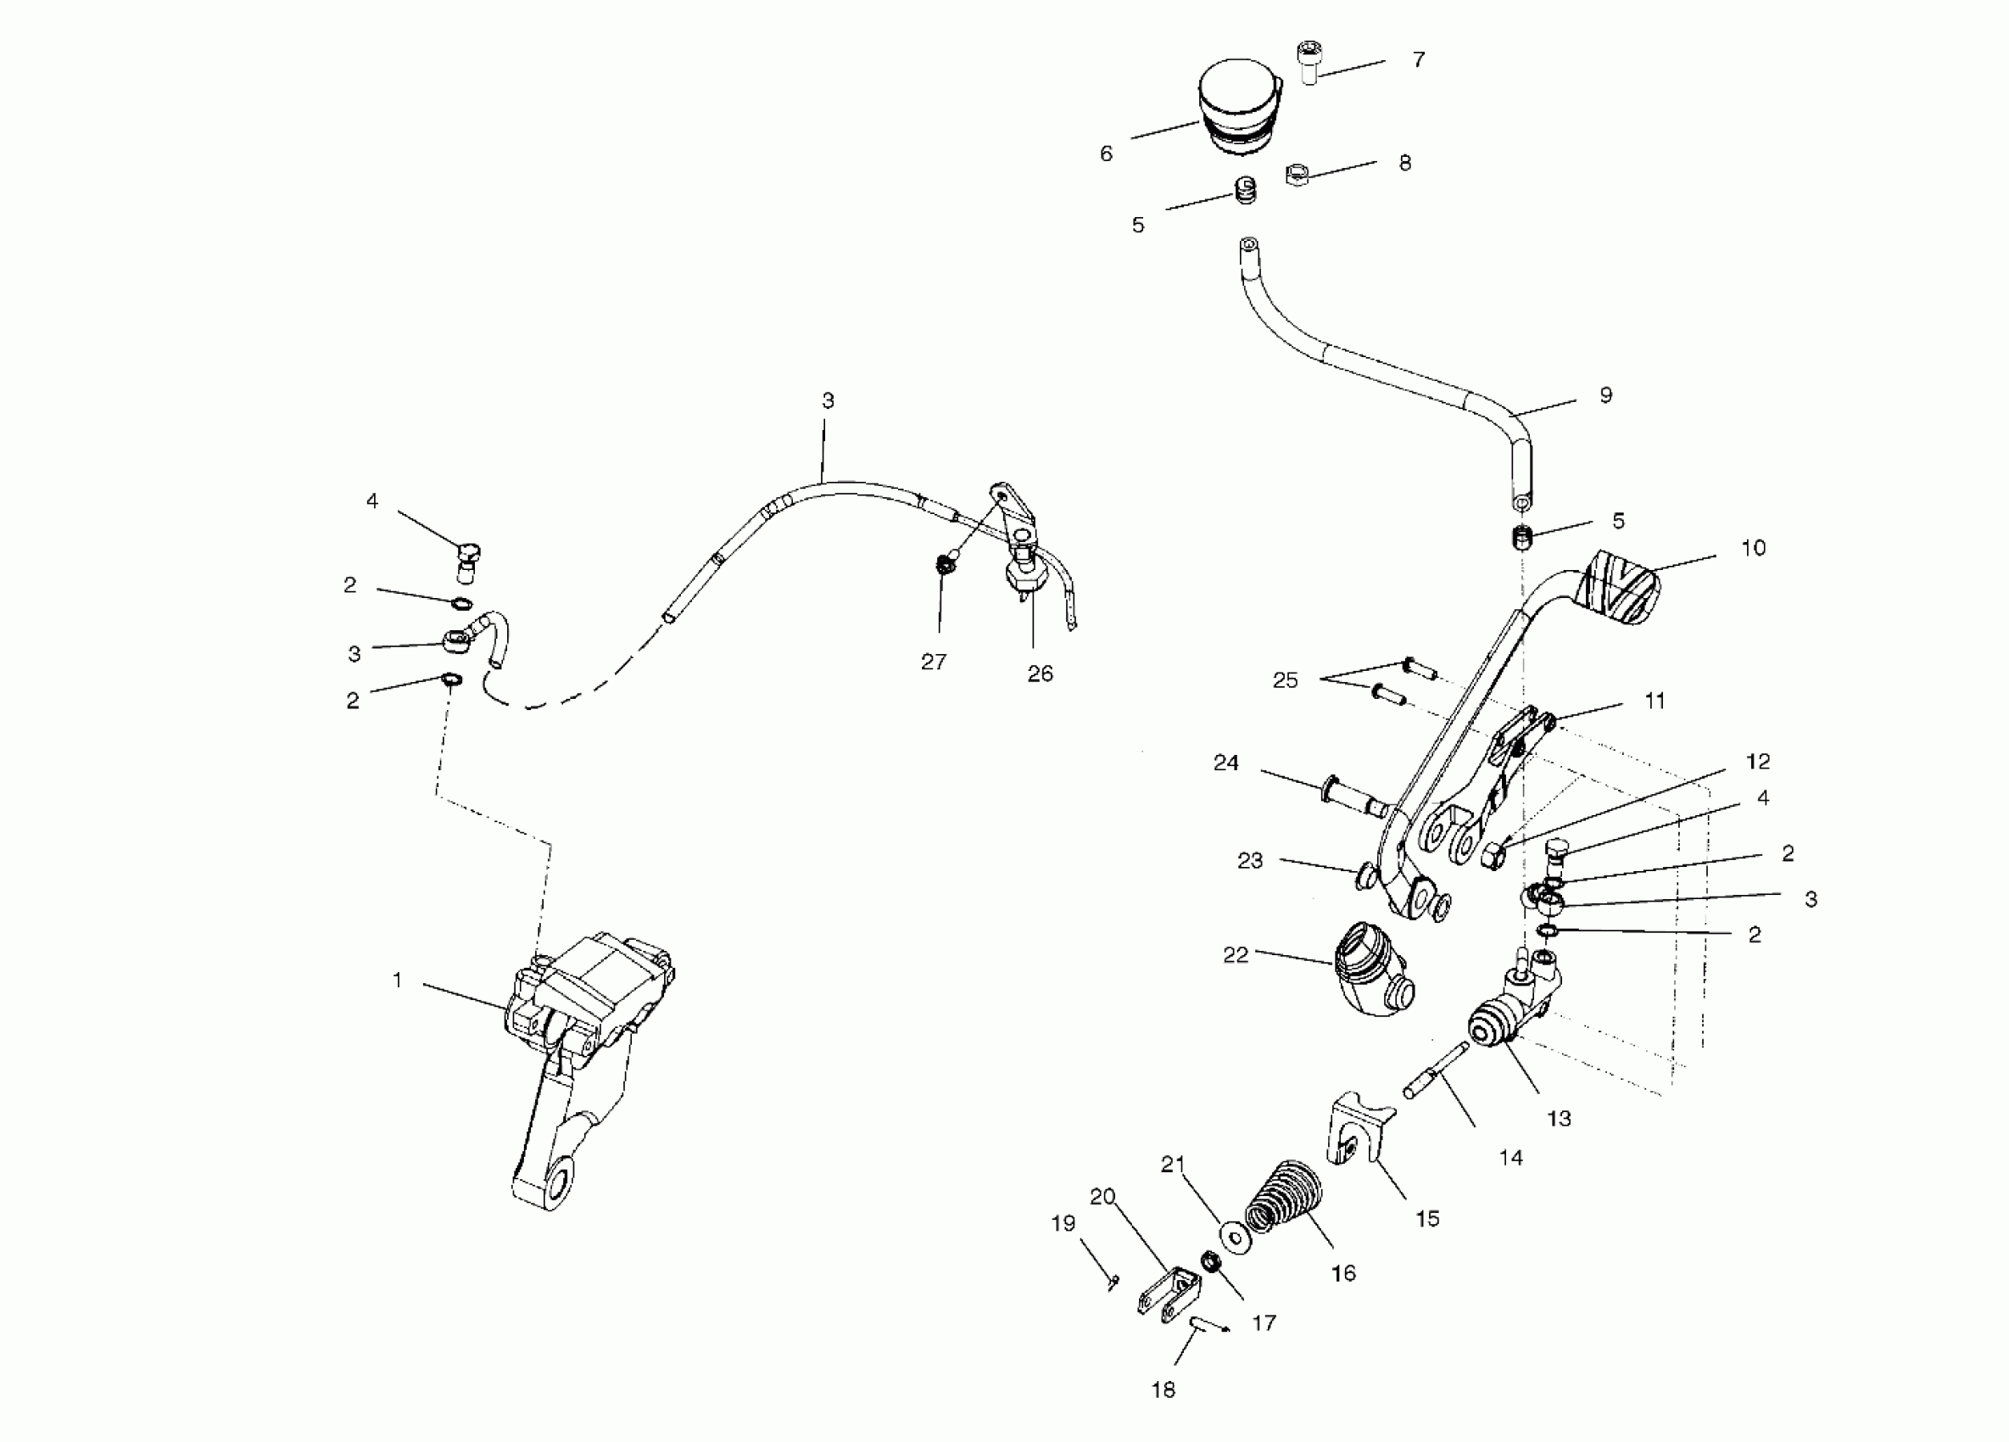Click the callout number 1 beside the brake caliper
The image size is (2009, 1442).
tap(398, 980)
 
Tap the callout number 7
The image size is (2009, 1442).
tap(1418, 59)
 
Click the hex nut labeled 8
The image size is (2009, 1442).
tap(1297, 175)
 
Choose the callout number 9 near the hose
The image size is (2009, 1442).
tap(1606, 395)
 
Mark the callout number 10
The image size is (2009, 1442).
tap(1753, 547)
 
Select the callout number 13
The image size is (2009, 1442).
tap(1558, 1119)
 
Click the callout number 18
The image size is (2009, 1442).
tap(1163, 1389)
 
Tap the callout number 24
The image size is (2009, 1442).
tap(1226, 763)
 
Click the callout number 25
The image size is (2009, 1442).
tap(1285, 680)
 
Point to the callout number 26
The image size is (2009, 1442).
tap(1040, 674)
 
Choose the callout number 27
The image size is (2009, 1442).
tap(934, 662)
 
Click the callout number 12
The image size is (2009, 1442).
tap(1757, 761)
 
